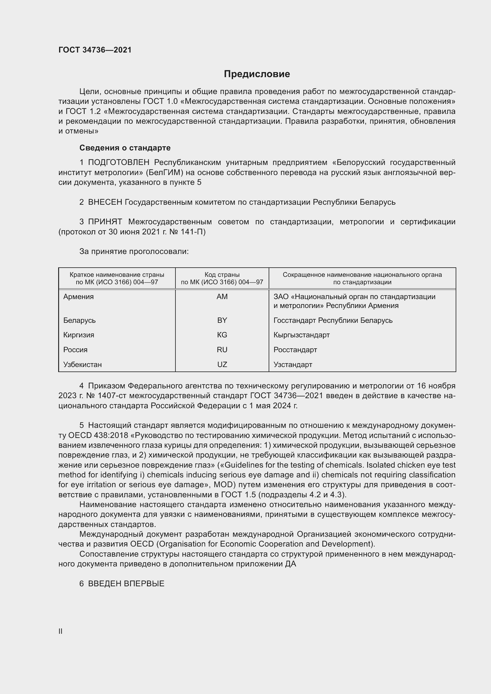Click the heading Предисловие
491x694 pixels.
257,74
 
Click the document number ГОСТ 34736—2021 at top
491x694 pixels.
95,50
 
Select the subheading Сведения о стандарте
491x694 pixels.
125,148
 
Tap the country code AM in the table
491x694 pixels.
222,296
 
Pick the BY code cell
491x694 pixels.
222,320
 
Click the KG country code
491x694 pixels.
222,335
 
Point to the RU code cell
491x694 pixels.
222,350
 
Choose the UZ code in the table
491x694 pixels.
222,365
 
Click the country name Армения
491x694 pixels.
79,296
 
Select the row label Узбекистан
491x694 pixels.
83,365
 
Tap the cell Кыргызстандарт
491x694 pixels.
301,335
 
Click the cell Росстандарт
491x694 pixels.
295,350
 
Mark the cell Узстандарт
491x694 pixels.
293,365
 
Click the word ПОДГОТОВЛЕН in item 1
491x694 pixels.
118,163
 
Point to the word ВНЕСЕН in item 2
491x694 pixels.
105,202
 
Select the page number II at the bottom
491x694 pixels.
61,631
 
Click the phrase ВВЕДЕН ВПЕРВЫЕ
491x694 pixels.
126,584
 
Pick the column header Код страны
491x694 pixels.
222,275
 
